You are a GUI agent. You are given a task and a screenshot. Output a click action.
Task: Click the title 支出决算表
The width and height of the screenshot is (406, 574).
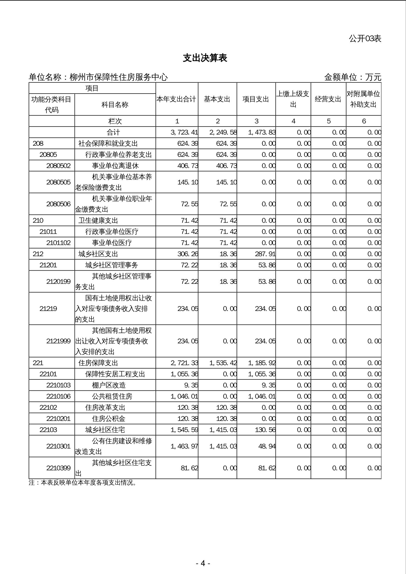205,58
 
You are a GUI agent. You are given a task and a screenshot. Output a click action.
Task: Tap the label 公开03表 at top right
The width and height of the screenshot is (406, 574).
365,38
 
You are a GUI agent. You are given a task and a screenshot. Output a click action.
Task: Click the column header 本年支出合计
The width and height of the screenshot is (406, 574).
177,99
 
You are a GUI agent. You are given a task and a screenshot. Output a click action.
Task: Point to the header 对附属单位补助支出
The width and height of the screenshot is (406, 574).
363,99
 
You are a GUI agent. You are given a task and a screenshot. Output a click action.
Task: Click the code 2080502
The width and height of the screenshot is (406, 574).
58,166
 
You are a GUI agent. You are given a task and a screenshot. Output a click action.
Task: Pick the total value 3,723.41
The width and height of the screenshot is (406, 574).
184,132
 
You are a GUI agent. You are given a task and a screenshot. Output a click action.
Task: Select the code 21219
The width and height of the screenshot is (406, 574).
48,309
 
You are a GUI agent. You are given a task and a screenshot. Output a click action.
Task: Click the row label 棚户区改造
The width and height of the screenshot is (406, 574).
109,385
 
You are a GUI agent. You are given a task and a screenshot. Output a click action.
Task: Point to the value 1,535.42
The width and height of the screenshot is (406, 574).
223,363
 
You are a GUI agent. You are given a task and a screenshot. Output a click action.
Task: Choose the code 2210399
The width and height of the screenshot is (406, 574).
58,468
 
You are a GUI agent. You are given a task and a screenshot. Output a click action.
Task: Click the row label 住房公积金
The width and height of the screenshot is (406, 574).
109,418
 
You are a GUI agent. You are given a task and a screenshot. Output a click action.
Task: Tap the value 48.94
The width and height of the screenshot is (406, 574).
267,446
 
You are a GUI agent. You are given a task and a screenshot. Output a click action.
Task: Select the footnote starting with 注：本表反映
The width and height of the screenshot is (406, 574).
83,483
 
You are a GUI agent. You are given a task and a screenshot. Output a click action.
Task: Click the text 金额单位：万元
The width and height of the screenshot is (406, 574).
353,77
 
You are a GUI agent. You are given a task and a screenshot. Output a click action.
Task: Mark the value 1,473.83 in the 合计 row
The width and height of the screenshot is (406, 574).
262,132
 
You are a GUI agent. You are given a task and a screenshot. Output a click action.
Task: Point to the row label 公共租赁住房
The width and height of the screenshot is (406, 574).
112,396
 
